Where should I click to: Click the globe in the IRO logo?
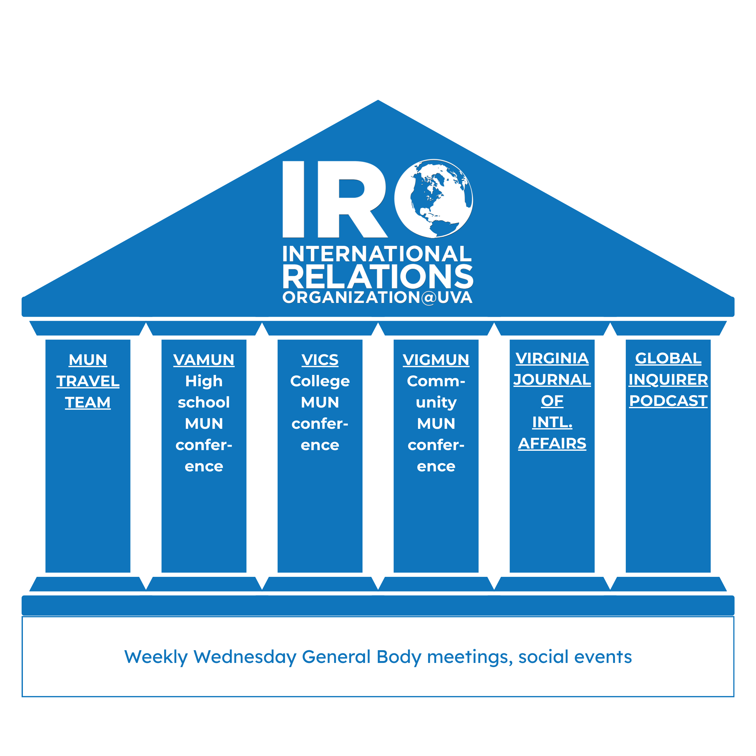tap(434, 199)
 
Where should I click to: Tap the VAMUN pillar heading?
tap(204, 360)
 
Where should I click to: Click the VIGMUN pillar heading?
tap(435, 360)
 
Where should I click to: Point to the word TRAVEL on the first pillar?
tap(88, 381)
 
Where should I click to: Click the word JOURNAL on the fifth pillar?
tap(552, 380)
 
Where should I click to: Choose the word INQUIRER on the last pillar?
tap(668, 380)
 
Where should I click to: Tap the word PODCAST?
tap(668, 401)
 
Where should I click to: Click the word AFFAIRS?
tap(552, 443)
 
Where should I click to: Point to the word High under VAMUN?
tap(204, 381)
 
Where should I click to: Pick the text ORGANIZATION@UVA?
tap(377, 297)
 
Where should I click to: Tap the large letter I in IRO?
tap(293, 199)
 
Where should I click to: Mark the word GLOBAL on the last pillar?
tap(668, 358)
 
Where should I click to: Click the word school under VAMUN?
tap(204, 402)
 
